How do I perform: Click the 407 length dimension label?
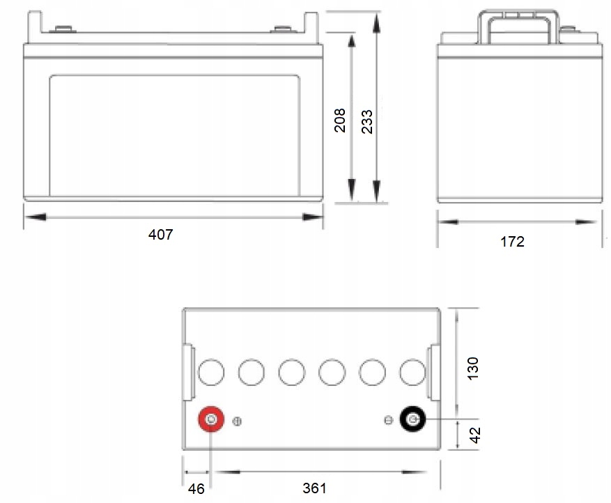click(160, 235)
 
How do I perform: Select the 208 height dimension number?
click(340, 121)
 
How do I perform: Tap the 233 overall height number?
click(366, 121)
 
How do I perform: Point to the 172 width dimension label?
click(512, 242)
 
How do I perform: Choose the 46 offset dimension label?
click(197, 488)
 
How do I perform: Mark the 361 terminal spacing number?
click(315, 488)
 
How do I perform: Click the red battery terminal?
click(210, 420)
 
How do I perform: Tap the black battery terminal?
click(412, 419)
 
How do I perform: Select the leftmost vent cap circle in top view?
click(210, 373)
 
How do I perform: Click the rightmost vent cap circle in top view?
click(412, 373)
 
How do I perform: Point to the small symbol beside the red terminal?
click(237, 421)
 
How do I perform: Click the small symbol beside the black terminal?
click(389, 419)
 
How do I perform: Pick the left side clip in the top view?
click(187, 373)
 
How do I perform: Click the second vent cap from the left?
click(251, 373)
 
